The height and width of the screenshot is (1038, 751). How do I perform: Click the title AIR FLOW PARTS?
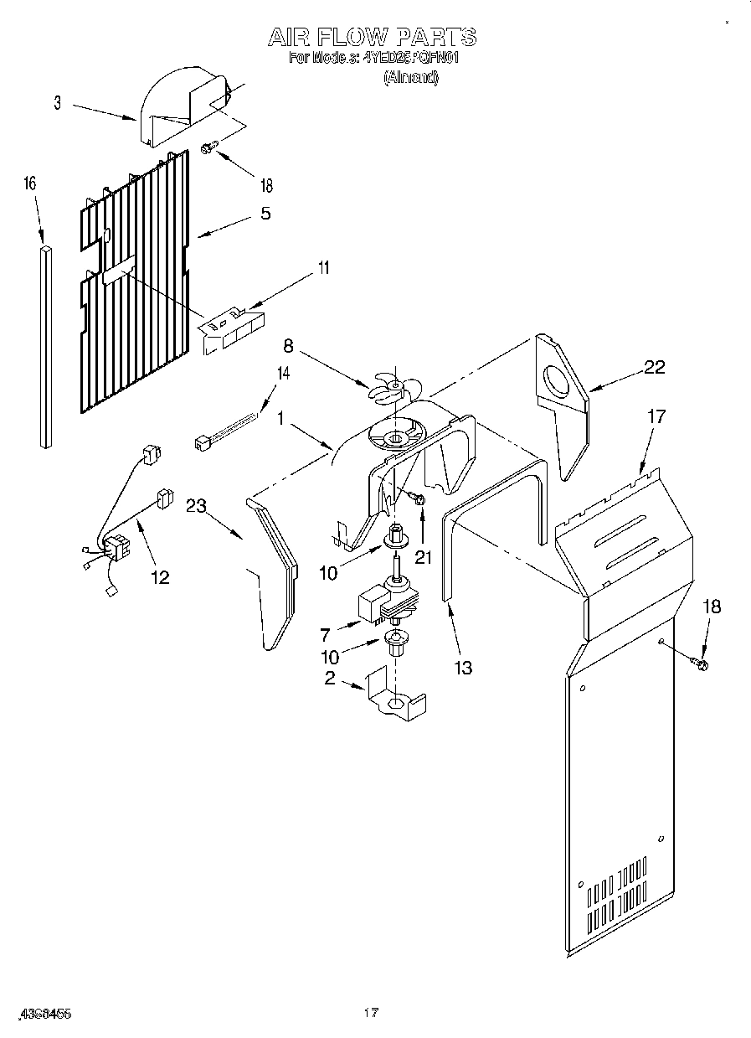(x=372, y=37)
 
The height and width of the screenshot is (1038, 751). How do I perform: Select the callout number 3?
(x=58, y=104)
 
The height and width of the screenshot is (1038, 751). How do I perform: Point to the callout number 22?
(x=656, y=365)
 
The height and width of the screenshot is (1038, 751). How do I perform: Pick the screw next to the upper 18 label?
(x=208, y=147)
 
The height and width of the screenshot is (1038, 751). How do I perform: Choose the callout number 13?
(x=462, y=667)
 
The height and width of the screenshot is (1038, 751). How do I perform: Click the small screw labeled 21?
(x=416, y=499)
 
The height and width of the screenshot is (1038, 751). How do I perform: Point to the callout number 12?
(x=159, y=576)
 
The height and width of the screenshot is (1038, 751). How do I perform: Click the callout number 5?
(x=265, y=213)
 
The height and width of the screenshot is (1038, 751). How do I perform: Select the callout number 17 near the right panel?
(x=656, y=416)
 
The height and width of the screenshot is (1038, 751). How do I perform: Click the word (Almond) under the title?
(x=410, y=77)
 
